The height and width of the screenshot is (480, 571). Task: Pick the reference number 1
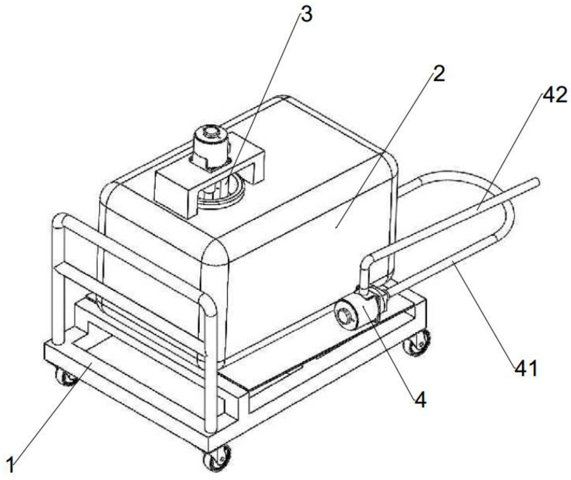pos(11,464)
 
